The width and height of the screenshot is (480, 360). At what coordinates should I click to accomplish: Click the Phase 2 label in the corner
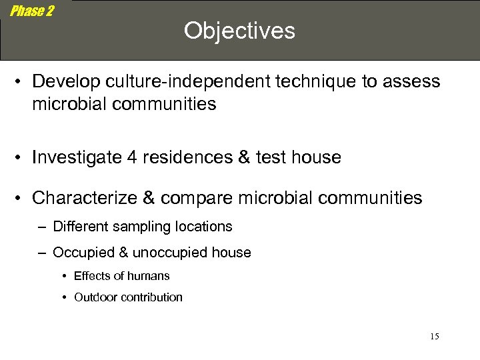pyautogui.click(x=32, y=11)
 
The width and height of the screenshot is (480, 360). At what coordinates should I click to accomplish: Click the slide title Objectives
pyautogui.click(x=239, y=31)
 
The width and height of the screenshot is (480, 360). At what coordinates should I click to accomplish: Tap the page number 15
pyautogui.click(x=434, y=337)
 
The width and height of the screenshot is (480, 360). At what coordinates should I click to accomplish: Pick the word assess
pyautogui.click(x=411, y=81)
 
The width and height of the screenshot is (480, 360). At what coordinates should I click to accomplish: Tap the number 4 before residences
pyautogui.click(x=127, y=157)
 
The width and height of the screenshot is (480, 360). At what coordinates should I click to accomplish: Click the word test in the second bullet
pyautogui.click(x=261, y=157)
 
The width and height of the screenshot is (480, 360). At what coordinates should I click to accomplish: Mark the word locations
pyautogui.click(x=200, y=227)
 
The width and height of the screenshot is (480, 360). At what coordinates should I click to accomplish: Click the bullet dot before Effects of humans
pyautogui.click(x=64, y=276)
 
